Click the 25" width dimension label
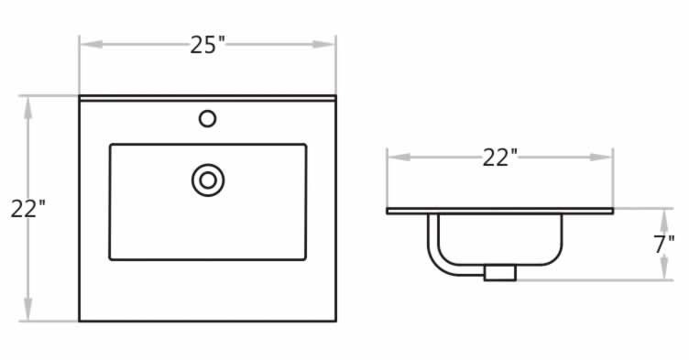pos(208,45)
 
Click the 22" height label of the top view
pos(28,208)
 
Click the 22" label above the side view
pos(500,158)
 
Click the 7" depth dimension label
pos(664,245)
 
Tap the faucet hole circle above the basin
pos(207,119)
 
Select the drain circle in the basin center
pos(208,180)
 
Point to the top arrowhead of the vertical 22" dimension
pos(28,108)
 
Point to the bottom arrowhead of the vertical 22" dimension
pos(28,309)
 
